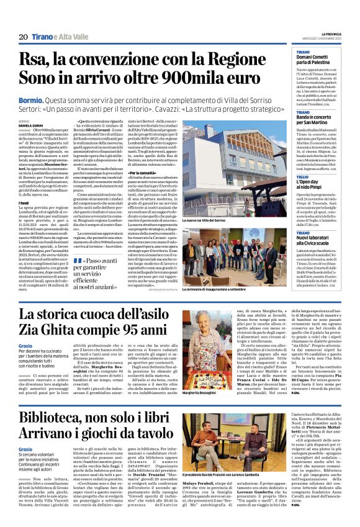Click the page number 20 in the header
pos(23,37)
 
